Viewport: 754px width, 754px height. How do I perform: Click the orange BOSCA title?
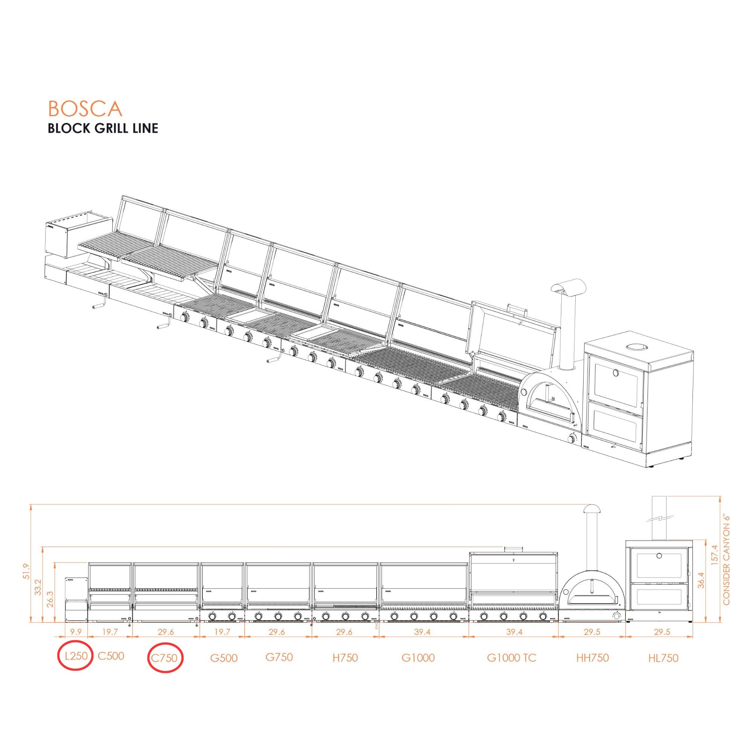coord(85,109)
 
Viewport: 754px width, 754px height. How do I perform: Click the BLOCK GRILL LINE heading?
coord(103,128)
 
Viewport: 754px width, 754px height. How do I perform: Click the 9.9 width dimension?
coord(76,632)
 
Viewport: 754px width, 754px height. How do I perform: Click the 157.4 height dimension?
coord(715,555)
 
